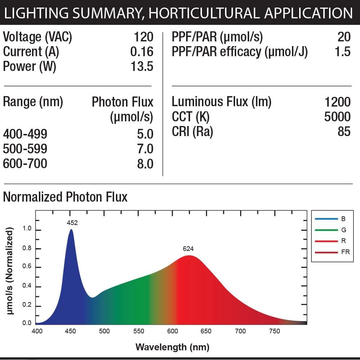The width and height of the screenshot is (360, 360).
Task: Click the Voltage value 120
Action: [x=144, y=37]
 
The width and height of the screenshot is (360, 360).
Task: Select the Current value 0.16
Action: [x=142, y=51]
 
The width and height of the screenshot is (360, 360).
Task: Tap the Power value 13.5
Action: [x=142, y=66]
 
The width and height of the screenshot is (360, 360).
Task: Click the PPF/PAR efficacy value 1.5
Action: [x=342, y=51]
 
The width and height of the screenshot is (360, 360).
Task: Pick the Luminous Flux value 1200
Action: [x=337, y=102]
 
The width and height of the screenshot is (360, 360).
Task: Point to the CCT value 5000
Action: [x=337, y=117]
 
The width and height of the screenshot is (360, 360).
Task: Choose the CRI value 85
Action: [x=344, y=131]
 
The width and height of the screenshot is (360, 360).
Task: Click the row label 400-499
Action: [x=25, y=134]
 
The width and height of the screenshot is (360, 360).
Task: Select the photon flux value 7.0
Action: [x=145, y=149]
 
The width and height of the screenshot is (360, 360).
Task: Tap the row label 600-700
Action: [x=25, y=164]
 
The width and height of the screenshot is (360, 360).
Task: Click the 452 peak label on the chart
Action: [x=72, y=223]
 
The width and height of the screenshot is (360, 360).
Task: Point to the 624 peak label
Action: [x=188, y=249]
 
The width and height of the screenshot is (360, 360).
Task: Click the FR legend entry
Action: [x=345, y=252]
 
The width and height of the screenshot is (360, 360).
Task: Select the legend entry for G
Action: [x=343, y=230]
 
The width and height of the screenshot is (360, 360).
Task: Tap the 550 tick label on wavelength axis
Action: [x=139, y=331]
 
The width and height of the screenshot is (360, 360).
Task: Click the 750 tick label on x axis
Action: [x=274, y=331]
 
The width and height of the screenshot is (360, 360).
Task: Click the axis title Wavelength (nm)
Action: [x=172, y=347]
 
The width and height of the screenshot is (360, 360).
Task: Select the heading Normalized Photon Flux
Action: [x=65, y=197]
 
